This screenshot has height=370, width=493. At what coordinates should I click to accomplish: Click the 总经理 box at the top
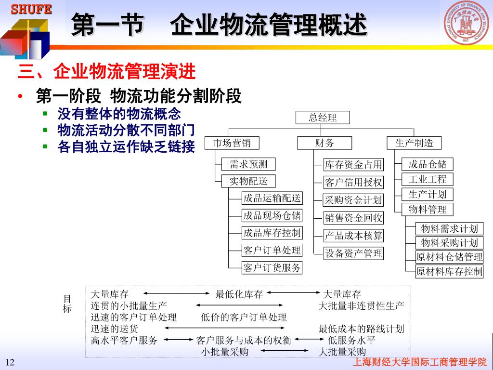[323, 118]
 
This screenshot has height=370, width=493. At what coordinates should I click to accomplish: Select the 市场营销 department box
[232, 143]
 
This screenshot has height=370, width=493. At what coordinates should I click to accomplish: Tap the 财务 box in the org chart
[324, 143]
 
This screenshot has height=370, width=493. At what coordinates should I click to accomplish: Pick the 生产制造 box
[414, 143]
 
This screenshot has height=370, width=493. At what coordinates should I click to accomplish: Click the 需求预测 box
[248, 164]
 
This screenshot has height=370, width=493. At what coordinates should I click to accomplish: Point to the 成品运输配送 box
[272, 198]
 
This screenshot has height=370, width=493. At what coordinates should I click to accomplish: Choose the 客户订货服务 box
[272, 268]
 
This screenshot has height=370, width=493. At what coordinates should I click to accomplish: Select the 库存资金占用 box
[353, 165]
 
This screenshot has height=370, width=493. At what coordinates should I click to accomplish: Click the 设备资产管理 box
[353, 253]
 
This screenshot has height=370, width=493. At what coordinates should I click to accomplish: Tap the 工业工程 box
[428, 180]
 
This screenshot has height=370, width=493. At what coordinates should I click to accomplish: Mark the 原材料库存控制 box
[449, 271]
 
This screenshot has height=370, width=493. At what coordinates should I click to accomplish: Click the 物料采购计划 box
[449, 243]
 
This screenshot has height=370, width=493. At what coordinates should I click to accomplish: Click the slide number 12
[10, 362]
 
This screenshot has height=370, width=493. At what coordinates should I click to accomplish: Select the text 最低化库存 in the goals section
[239, 294]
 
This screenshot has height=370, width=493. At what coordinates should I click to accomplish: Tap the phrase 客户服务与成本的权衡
[244, 341]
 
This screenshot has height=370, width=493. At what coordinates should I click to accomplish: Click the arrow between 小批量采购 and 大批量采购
[284, 352]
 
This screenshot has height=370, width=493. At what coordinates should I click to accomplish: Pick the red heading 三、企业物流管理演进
[107, 72]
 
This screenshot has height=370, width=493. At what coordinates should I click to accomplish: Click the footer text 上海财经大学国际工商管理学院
[420, 362]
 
